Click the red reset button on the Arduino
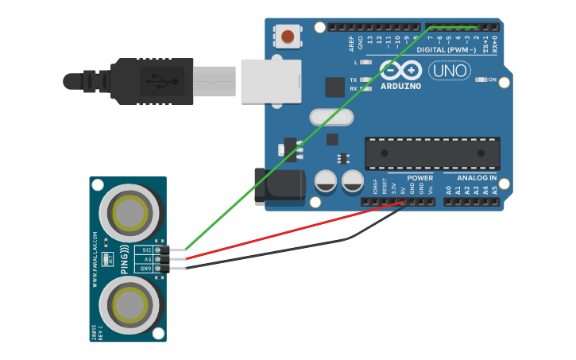(287, 36)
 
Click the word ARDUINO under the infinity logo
(400, 85)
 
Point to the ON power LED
(481, 79)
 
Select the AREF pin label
(351, 41)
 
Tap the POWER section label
(420, 177)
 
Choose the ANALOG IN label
(477, 177)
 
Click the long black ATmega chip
(432, 153)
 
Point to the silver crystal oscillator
(331, 117)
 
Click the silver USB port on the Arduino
(270, 81)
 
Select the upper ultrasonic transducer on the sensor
(128, 211)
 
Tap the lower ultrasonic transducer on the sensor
(128, 304)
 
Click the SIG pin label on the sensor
(146, 250)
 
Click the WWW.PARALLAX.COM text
(95, 259)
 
